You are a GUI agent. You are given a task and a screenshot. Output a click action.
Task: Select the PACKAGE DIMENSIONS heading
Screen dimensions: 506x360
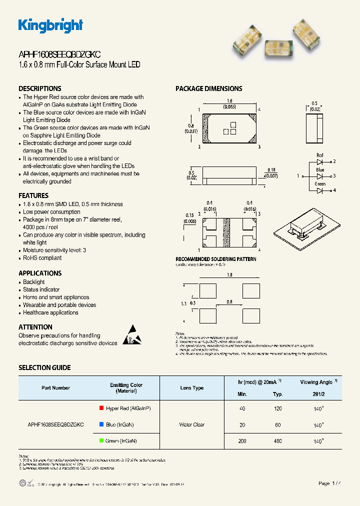[x=208, y=88]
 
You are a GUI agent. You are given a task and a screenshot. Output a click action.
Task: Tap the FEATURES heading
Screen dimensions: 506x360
[x=33, y=195]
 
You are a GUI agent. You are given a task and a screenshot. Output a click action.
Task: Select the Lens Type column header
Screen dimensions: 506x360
[x=192, y=388]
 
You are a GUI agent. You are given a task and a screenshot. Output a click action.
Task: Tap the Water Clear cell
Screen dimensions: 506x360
[x=192, y=424]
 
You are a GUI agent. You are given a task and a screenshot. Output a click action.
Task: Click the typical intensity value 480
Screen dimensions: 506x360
[x=278, y=441]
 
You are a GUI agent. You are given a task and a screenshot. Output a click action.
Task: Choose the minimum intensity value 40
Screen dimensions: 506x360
[x=242, y=408]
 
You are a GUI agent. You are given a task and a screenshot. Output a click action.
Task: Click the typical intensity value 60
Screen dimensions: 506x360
[x=278, y=424]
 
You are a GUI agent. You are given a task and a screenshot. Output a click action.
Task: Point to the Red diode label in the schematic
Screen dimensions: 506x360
[x=320, y=155]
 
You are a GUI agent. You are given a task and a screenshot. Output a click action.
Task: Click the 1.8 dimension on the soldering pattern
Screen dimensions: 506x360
[x=229, y=275]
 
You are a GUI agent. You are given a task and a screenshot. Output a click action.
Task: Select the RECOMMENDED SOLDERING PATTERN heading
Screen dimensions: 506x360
[x=216, y=259]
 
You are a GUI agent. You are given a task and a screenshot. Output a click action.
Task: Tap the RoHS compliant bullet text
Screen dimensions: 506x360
[x=42, y=258]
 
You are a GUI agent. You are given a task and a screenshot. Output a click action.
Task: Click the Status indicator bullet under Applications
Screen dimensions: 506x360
[x=41, y=289]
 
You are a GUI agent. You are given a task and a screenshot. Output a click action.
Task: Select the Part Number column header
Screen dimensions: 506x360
[x=55, y=388]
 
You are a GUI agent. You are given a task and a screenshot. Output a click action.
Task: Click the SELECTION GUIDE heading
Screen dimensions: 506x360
[x=44, y=367]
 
